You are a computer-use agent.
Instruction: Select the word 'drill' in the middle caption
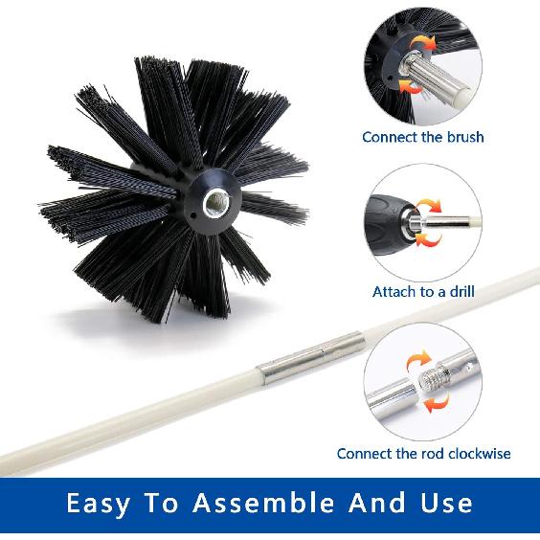click(x=454, y=291)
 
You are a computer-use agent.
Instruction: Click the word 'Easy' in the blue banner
click(x=106, y=503)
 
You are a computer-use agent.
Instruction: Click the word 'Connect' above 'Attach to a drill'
click(x=390, y=137)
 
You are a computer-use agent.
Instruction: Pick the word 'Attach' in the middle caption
click(x=394, y=291)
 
